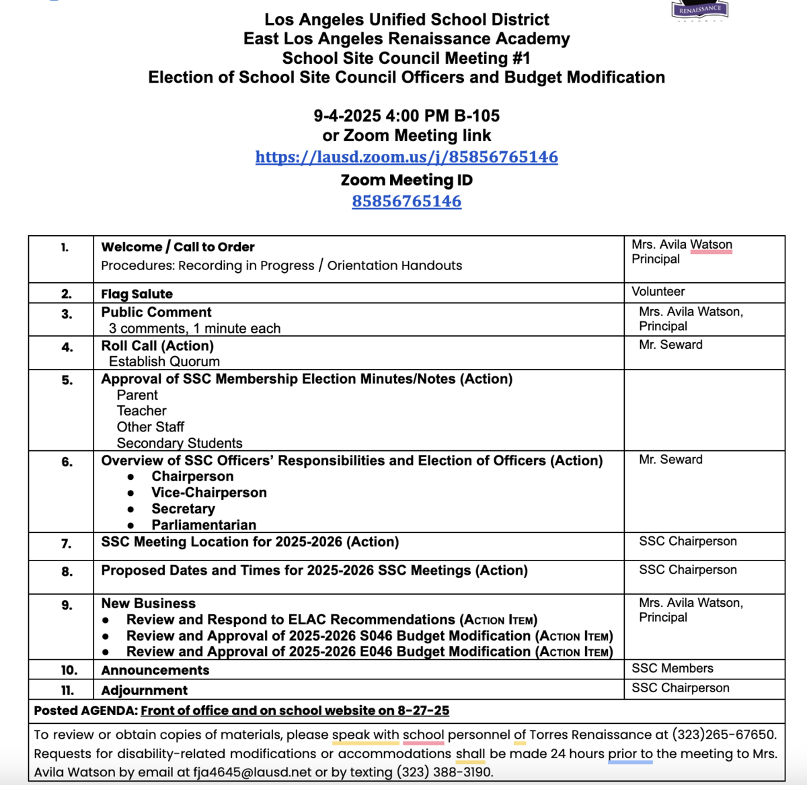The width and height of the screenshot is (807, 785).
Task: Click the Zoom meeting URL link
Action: (406, 157)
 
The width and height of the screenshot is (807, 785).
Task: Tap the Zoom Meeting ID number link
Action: (406, 201)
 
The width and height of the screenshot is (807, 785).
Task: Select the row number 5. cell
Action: (67, 380)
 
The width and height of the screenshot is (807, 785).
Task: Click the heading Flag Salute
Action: (137, 294)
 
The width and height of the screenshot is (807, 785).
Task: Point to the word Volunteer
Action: (658, 292)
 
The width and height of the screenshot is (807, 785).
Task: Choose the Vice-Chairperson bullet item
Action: (208, 493)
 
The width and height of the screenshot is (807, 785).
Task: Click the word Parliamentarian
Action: (203, 525)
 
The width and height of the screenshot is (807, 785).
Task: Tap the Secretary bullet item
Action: (183, 509)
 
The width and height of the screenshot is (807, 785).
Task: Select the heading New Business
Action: (148, 604)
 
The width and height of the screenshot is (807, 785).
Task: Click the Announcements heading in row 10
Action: (155, 670)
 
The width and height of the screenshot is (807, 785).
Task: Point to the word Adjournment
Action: (144, 690)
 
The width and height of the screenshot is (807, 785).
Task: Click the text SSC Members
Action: (672, 668)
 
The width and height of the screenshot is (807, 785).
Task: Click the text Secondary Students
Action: (179, 443)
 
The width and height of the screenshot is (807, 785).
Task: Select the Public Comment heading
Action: (156, 313)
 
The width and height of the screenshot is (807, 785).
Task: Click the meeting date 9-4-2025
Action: (347, 116)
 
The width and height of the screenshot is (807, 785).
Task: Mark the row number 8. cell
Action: (67, 572)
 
